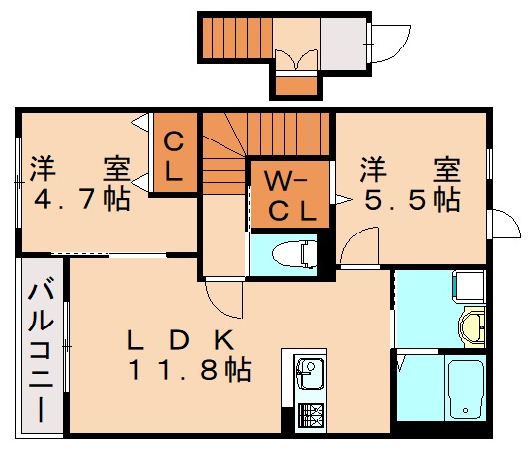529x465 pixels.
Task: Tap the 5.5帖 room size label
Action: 411,200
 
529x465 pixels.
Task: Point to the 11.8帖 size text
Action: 188,372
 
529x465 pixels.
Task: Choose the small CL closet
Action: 173,156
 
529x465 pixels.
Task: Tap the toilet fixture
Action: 297,252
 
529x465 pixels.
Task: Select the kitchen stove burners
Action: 309,417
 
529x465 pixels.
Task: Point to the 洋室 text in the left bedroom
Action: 78,166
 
